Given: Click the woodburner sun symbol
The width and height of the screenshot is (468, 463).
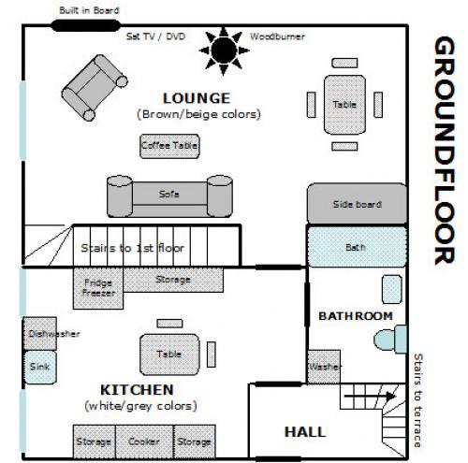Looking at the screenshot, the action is coord(224,51).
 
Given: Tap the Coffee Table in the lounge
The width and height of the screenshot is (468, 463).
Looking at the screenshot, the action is coord(169,146).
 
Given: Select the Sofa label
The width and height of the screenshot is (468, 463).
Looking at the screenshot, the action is coord(168,194).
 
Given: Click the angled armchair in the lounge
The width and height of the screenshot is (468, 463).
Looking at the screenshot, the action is coord(95,88).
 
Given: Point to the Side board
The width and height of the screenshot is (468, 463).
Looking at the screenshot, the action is coord(357,204).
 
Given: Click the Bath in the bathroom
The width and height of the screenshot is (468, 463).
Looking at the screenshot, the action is coord(357,247).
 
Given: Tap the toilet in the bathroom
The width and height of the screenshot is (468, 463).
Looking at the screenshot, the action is coord(390,340).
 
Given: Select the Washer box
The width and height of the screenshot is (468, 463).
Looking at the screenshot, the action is coord(324,367).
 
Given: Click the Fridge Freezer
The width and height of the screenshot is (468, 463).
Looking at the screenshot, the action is coord(98,288).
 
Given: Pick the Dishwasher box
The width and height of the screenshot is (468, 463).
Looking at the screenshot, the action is coord(40,333).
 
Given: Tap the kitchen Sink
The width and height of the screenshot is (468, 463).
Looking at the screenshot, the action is coord(40,367).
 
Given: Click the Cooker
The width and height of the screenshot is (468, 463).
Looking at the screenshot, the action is coord(144,441).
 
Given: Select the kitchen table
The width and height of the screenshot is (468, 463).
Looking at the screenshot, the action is coord(169,354).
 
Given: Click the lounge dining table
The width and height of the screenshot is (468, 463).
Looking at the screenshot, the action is coord(344,105).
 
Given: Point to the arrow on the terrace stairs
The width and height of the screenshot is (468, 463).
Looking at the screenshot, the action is coord(370,397).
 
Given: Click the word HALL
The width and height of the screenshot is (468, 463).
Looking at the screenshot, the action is coord(305,432).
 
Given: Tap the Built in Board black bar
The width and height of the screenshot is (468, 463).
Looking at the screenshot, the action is coord(85,25).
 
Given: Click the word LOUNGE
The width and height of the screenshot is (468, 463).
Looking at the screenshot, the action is coord(197,98).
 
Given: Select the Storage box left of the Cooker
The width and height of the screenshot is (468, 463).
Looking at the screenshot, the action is coord(95,441).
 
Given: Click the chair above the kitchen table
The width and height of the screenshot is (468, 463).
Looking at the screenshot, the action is coord(169,324).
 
